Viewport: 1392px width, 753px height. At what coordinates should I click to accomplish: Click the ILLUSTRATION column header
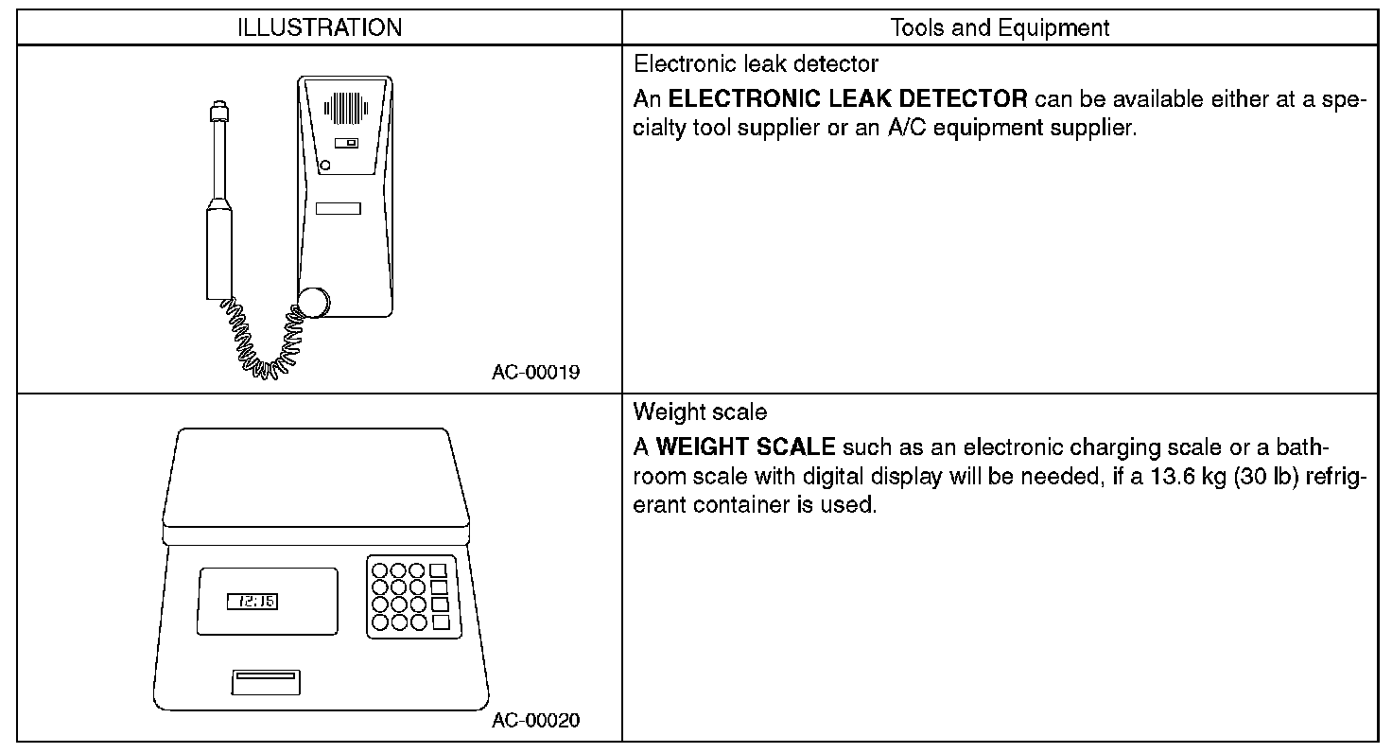click(x=319, y=28)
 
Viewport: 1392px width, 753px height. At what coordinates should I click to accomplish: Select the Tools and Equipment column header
click(x=1000, y=28)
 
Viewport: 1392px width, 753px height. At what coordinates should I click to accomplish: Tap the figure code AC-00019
click(x=535, y=372)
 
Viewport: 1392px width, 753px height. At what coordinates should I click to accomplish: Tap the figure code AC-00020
click(x=535, y=721)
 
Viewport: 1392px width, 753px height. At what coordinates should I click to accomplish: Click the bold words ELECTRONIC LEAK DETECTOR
click(x=847, y=98)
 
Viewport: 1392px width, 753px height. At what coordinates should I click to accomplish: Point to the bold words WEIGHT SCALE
click(x=745, y=447)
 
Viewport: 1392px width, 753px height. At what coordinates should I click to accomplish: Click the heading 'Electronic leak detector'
click(x=756, y=64)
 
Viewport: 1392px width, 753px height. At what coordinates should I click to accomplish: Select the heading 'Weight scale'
click(x=700, y=412)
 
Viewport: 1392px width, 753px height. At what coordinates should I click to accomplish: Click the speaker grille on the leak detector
click(x=344, y=110)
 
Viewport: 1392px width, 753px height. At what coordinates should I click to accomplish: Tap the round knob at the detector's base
click(x=314, y=302)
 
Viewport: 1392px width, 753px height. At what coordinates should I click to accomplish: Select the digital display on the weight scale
click(x=252, y=602)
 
